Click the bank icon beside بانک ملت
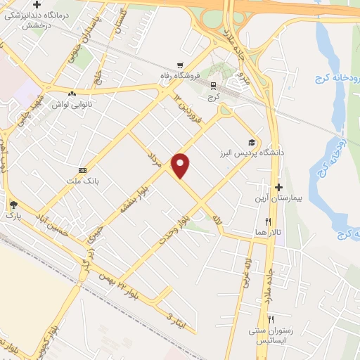tap(83, 170)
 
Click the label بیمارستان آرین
tap(278, 199)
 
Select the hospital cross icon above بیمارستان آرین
tap(279, 187)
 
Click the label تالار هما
tap(268, 232)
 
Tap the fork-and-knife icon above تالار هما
tap(268, 221)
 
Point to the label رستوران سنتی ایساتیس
tap(269, 335)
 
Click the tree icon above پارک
tap(14, 205)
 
